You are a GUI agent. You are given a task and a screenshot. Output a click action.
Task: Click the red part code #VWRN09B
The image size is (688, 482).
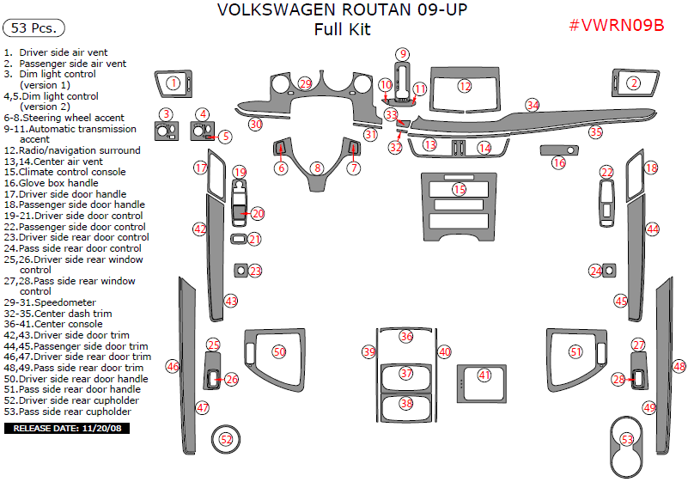pyautogui.click(x=616, y=25)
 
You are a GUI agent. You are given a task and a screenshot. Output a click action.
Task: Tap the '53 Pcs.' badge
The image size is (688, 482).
pyautogui.click(x=34, y=28)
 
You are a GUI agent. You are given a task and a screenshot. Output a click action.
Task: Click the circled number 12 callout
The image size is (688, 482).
pyautogui.click(x=465, y=86)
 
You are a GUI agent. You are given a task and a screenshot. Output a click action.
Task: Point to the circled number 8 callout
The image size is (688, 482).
pyautogui.click(x=317, y=168)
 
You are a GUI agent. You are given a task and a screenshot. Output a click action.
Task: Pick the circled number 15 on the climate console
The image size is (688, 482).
pyautogui.click(x=460, y=189)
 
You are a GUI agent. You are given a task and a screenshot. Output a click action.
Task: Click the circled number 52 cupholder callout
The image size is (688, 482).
pyautogui.click(x=226, y=439)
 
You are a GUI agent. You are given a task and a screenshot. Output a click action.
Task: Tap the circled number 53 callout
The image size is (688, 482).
pyautogui.click(x=628, y=439)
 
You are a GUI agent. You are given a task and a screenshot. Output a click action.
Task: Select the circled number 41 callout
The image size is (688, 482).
pyautogui.click(x=485, y=375)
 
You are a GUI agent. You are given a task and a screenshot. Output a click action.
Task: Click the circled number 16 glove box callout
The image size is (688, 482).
pyautogui.click(x=559, y=162)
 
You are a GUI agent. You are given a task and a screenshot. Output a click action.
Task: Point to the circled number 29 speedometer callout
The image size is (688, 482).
pyautogui.click(x=305, y=83)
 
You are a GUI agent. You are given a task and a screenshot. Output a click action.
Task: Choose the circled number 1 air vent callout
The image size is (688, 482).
pyautogui.click(x=173, y=83)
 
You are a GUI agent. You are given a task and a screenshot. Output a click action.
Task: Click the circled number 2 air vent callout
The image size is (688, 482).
pyautogui.click(x=633, y=83)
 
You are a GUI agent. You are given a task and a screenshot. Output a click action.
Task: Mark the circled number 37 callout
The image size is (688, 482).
pyautogui.click(x=406, y=374)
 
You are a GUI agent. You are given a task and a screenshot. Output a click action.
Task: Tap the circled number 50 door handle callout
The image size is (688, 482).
pyautogui.click(x=279, y=351)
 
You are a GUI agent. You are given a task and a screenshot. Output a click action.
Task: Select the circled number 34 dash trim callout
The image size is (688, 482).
pyautogui.click(x=533, y=105)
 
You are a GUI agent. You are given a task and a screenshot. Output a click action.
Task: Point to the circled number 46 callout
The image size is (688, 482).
pyautogui.click(x=173, y=367)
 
